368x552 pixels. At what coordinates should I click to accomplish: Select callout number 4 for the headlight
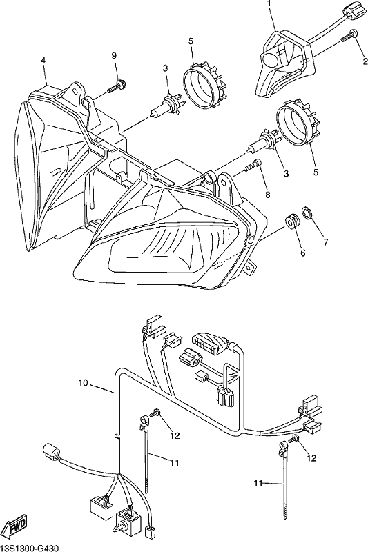[43, 61]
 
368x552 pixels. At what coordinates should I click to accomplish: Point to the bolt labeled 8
[253, 165]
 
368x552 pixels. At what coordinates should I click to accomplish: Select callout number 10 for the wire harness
[83, 383]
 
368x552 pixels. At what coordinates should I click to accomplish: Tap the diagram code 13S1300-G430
[30, 548]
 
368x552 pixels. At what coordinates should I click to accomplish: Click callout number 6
[303, 253]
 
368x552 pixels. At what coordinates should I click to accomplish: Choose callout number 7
[326, 242]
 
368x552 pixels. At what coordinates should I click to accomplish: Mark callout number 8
[268, 195]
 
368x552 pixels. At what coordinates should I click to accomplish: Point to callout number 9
[114, 55]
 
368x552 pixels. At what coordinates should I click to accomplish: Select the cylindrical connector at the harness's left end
[51, 453]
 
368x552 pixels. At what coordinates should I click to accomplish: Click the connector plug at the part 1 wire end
[351, 10]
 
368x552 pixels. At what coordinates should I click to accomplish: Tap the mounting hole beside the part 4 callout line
[75, 90]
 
